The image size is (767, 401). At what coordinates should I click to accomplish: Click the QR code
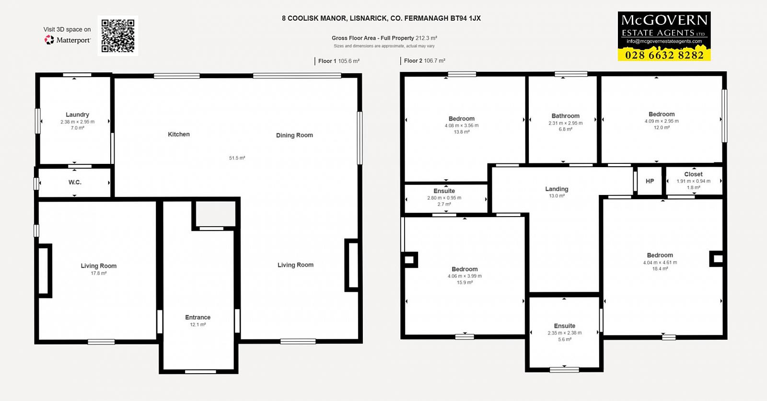pyautogui.click(x=118, y=36)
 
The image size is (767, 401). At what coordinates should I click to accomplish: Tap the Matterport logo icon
pyautogui.click(x=49, y=40)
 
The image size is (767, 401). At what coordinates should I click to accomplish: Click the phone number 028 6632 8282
pyautogui.click(x=664, y=55)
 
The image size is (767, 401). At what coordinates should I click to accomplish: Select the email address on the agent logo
pyautogui.click(x=664, y=41)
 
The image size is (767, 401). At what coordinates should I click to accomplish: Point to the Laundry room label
pyautogui.click(x=77, y=115)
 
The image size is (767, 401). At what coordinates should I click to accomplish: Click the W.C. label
pyautogui.click(x=75, y=183)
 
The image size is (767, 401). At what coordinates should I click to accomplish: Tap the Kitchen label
pyautogui.click(x=179, y=135)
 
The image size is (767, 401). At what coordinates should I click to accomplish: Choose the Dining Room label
pyautogui.click(x=294, y=135)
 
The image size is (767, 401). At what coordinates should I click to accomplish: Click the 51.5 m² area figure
pyautogui.click(x=237, y=158)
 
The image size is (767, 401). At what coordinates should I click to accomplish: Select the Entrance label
pyautogui.click(x=198, y=318)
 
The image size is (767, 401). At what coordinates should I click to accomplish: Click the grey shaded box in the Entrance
pyautogui.click(x=216, y=214)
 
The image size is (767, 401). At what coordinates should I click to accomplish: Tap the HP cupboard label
pyautogui.click(x=650, y=182)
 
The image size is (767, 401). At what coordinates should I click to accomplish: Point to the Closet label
pyautogui.click(x=693, y=174)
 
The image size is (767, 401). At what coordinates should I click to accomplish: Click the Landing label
pyautogui.click(x=557, y=189)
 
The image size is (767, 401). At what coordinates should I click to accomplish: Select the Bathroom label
pyautogui.click(x=566, y=116)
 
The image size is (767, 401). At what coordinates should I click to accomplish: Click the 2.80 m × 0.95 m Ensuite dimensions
pyautogui.click(x=444, y=198)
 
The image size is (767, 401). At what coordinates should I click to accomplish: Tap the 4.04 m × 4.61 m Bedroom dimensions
pyautogui.click(x=660, y=263)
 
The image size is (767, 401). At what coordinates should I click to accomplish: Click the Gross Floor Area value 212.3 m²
pyautogui.click(x=426, y=38)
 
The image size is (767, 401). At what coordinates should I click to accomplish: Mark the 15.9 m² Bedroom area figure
pyautogui.click(x=465, y=283)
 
